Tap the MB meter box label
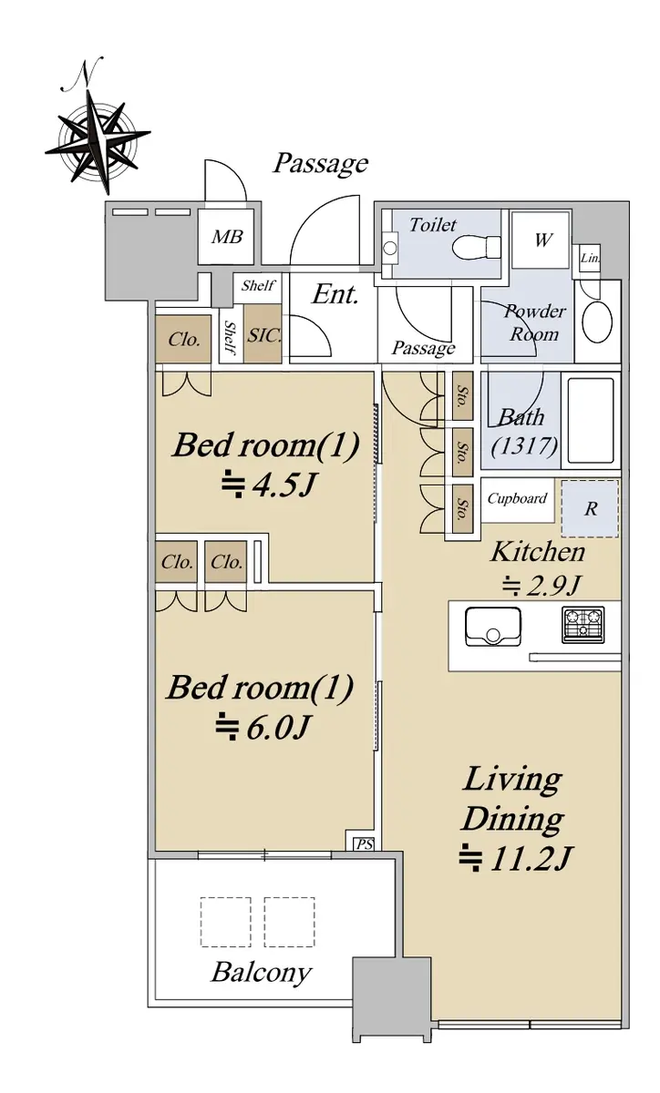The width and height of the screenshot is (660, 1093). coord(227,237)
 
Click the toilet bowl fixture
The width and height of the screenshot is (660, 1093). coord(477,248)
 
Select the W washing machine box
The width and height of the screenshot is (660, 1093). coord(541,240)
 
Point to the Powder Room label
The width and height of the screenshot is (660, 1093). coord(535,322)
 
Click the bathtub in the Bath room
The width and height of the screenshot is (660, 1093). coord(591,420)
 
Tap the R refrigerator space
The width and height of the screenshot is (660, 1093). coord(590,508)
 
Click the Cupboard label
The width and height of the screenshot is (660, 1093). coord(517,499)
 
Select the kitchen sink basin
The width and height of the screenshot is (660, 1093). coord(492,626)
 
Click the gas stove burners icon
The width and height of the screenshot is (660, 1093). coord(583,625)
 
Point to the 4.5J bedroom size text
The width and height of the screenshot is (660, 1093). coord(267,485)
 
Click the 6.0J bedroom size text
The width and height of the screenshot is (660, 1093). coord(262,728)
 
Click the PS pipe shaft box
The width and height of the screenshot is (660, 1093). coord(364,843)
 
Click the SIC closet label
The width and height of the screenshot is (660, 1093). coord(263,335)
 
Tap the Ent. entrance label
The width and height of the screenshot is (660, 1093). coord(335,294)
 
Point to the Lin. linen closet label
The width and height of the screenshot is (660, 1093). coord(590,258)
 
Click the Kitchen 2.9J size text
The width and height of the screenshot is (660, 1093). coord(541,586)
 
